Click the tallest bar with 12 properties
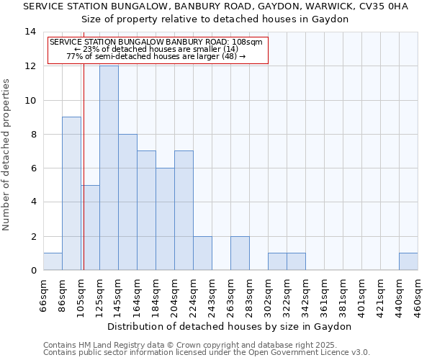coord(109,168)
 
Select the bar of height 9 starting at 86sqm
coord(71,193)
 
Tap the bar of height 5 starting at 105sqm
coord(90,228)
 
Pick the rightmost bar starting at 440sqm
coord(408,261)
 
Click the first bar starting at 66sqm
coord(53,261)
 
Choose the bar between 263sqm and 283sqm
coord(240,253)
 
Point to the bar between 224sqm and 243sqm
coord(202,253)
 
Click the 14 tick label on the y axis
coord(30,32)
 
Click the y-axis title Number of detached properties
coord(7,155)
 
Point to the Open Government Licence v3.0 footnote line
coord(207,353)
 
